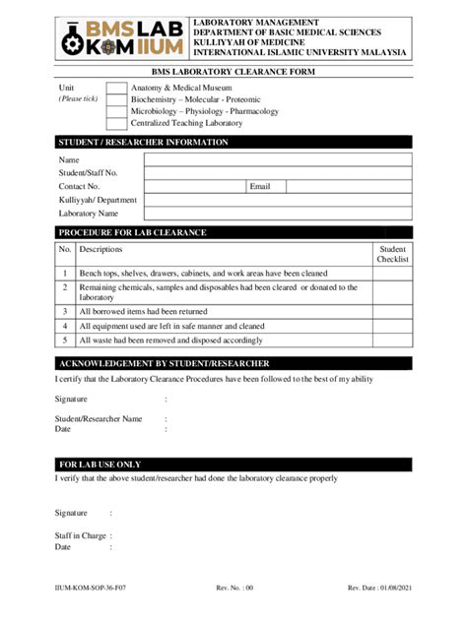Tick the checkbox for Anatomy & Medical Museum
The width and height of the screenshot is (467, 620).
click(116, 89)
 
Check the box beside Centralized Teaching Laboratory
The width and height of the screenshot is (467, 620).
click(116, 123)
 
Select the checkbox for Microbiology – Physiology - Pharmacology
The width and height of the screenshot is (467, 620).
click(116, 111)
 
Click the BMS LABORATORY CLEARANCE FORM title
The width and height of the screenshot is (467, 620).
click(233, 72)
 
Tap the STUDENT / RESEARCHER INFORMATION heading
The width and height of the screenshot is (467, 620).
click(144, 143)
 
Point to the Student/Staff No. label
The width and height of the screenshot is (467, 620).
click(89, 172)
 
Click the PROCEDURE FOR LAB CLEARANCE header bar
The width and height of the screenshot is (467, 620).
click(133, 232)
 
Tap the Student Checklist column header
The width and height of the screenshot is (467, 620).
click(392, 254)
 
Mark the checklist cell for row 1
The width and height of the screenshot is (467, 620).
click(392, 273)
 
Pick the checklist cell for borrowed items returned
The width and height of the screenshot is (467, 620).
click(392, 310)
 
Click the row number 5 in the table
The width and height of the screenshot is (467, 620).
click(64, 340)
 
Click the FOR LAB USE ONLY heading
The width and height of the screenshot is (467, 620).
click(100, 465)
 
